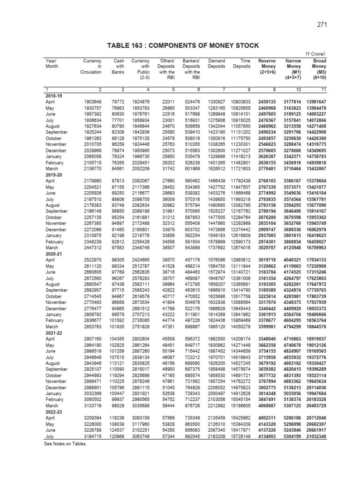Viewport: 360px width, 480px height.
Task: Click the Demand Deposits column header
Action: click(216, 64)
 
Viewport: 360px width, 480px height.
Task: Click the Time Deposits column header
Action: click(242, 64)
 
